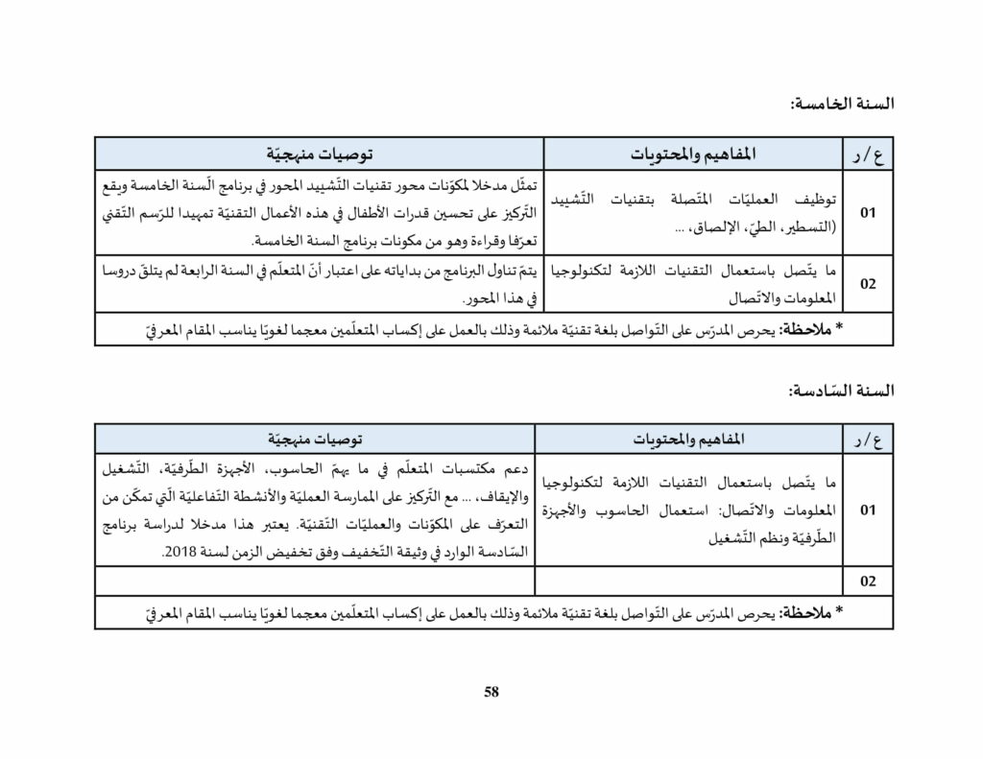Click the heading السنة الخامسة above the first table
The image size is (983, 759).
[x=841, y=104]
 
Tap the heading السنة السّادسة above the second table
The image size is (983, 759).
[x=840, y=391]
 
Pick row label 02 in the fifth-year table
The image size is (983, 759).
[x=868, y=284]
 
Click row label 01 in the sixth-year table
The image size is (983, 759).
[x=868, y=510]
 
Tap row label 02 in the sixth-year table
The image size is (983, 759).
[x=868, y=581]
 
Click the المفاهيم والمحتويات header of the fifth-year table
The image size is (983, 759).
[x=693, y=154]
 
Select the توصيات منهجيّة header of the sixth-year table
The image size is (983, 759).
[x=315, y=439]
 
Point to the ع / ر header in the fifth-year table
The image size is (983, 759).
[x=867, y=154]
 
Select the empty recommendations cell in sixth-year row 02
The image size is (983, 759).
[x=315, y=581]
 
